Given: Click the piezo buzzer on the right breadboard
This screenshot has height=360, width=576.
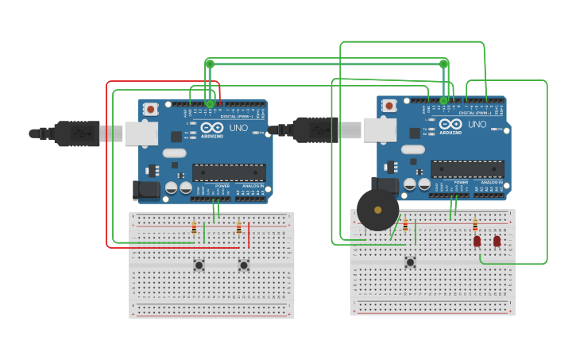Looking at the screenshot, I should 377,210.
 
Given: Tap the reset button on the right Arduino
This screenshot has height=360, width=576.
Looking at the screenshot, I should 389,105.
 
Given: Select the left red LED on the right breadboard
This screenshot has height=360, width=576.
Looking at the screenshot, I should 477,241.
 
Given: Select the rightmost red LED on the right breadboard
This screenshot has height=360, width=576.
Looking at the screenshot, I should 497,241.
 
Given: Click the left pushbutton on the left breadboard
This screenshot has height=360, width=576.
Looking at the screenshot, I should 199,265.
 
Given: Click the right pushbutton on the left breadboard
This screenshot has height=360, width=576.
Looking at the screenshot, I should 244,265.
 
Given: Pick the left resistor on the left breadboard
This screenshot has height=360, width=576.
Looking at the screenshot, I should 194,228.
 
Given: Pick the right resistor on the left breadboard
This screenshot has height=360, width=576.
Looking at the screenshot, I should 238,228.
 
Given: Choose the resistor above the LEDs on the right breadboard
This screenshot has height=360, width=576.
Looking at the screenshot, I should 475,225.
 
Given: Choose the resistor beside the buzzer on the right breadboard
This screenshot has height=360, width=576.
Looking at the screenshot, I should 405,225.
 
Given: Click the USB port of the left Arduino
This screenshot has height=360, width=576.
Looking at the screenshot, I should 141,134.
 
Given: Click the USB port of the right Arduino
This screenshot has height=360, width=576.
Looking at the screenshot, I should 380,130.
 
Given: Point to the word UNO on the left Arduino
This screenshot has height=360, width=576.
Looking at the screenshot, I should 238,128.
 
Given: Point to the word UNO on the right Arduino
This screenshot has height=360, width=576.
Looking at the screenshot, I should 477,125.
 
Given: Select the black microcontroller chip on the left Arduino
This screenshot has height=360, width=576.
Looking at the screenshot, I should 229,172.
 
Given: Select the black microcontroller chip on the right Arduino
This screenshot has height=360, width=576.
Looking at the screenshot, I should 467,168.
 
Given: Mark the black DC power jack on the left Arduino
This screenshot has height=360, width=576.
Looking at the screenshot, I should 145,190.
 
